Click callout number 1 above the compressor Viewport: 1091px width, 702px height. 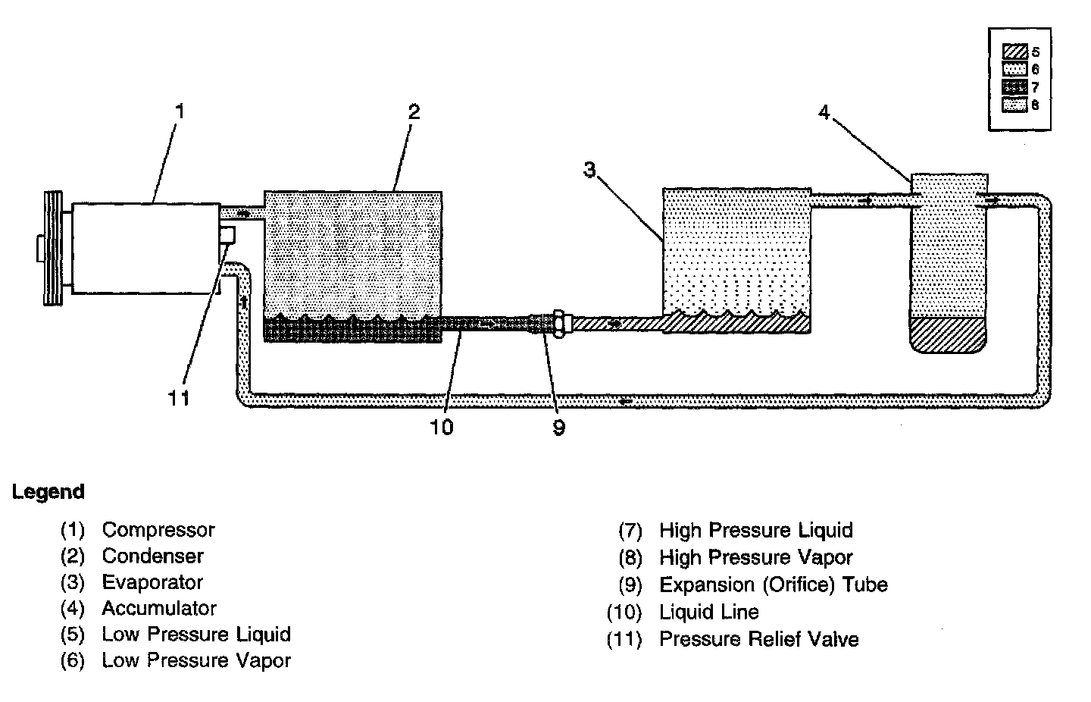[180, 112]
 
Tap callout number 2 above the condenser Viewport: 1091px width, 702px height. [414, 112]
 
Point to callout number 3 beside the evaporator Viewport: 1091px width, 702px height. [589, 169]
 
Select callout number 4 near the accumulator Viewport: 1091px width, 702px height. [824, 112]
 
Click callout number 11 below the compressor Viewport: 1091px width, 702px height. [179, 397]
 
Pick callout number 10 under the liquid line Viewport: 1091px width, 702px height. [442, 428]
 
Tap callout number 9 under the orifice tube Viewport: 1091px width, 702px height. [558, 428]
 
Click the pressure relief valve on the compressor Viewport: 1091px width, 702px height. [227, 235]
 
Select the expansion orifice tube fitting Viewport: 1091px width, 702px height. [558, 324]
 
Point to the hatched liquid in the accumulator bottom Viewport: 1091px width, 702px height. [949, 334]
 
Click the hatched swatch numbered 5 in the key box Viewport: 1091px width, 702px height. [1014, 52]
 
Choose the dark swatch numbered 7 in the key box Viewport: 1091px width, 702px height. [1014, 87]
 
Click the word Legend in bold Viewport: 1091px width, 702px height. [48, 492]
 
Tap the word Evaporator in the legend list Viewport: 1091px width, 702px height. [152, 582]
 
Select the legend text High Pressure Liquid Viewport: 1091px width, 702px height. [755, 530]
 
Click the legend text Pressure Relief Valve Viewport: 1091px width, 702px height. [758, 639]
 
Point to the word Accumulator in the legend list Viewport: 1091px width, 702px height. [159, 608]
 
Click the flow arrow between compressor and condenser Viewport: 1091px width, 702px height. [243, 214]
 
